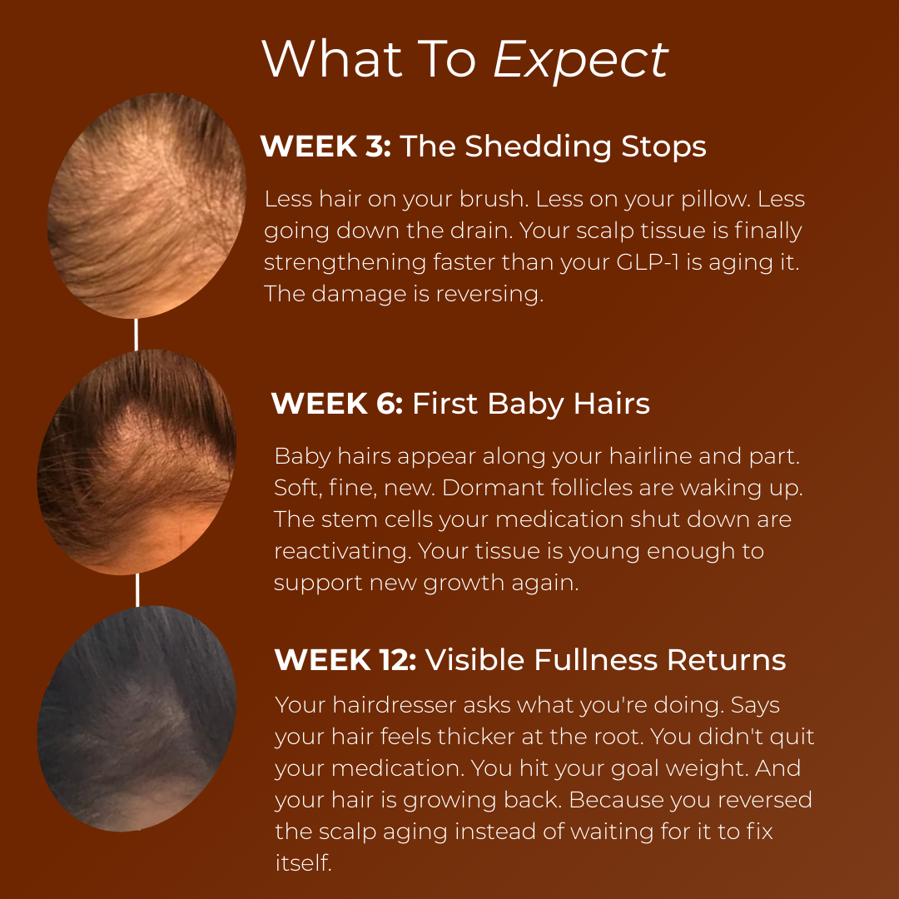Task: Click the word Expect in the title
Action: coord(580,60)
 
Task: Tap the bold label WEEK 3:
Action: coord(325,147)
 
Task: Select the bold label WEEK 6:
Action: coord(337,405)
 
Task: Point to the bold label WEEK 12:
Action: coord(345,660)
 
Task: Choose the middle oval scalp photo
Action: coord(137,462)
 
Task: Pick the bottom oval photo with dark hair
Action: coord(137,718)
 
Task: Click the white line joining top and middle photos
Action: coord(136,333)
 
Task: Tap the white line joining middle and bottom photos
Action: coord(137,589)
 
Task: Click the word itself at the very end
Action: coord(303,863)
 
